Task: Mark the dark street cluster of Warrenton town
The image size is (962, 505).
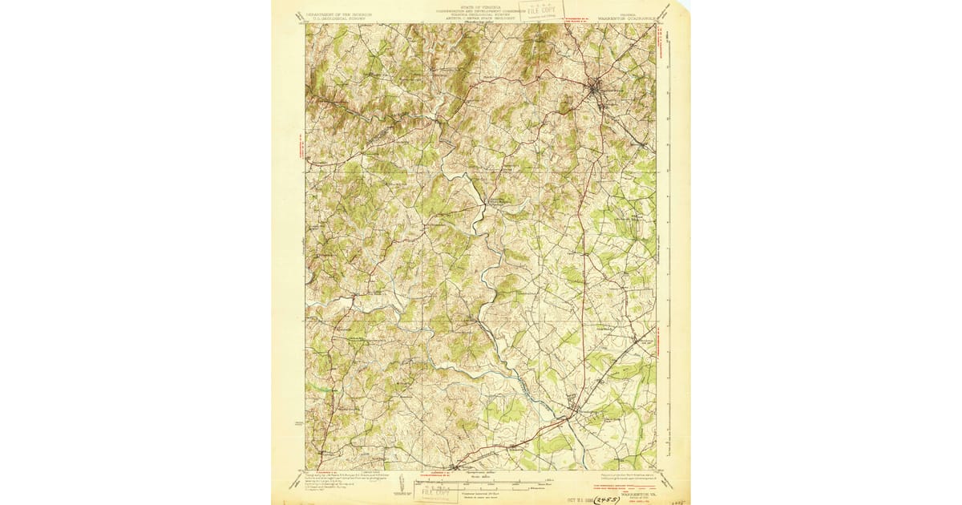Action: [598, 86]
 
